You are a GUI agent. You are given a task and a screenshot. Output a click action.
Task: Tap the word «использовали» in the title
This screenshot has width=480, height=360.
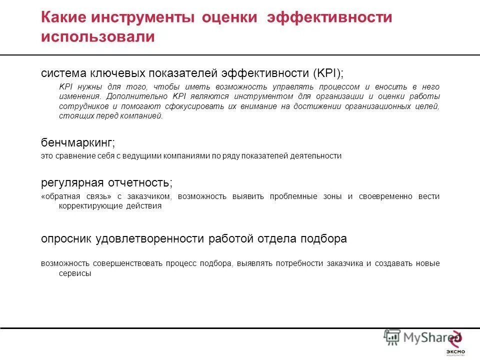98,37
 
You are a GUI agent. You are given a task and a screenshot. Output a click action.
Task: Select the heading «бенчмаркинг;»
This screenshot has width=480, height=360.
78,143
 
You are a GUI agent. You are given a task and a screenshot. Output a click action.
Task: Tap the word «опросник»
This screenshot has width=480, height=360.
66,239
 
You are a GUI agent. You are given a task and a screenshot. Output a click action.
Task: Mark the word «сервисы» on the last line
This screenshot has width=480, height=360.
55,273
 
